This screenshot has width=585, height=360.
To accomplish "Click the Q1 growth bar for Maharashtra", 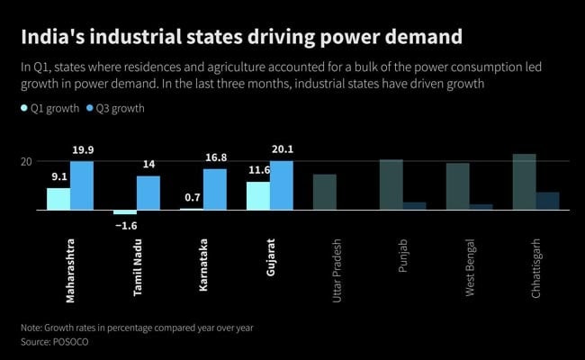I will pyautogui.click(x=58, y=198).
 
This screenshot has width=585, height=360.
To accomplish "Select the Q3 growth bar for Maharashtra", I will pyautogui.click(x=82, y=185).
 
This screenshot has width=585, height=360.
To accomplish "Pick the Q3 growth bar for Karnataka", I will pyautogui.click(x=215, y=189).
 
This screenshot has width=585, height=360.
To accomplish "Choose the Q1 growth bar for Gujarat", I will pyautogui.click(x=257, y=195).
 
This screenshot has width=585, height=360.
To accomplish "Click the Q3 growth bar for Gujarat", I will pyautogui.click(x=282, y=185).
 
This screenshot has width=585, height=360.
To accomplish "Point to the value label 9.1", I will pyautogui.click(x=58, y=178).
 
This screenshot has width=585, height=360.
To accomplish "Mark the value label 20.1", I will pyautogui.click(x=282, y=151).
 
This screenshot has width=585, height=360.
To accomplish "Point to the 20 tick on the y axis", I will pyautogui.click(x=26, y=161).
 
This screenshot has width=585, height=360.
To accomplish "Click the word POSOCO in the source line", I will pyautogui.click(x=79, y=342).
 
